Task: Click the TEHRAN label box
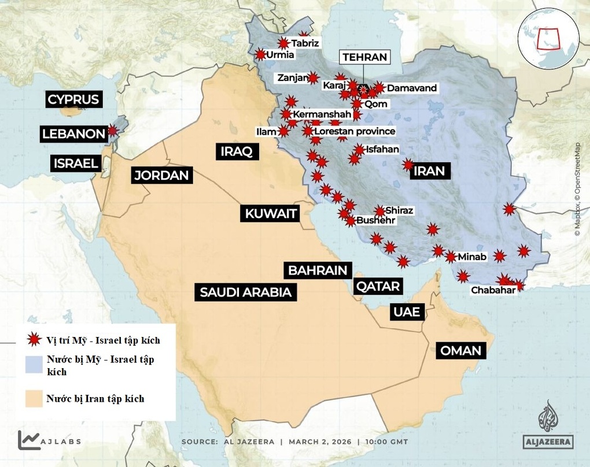364,57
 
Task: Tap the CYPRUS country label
73,99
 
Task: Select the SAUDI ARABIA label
245,292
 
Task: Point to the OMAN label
460,351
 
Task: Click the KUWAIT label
271,214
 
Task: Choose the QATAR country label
378,286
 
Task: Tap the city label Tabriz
305,43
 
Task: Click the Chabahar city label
493,290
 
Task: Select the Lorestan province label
354,131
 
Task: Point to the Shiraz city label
399,210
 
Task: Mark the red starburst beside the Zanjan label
313,77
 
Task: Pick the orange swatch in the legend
34,398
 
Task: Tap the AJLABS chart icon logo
29,440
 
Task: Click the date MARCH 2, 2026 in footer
319,442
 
